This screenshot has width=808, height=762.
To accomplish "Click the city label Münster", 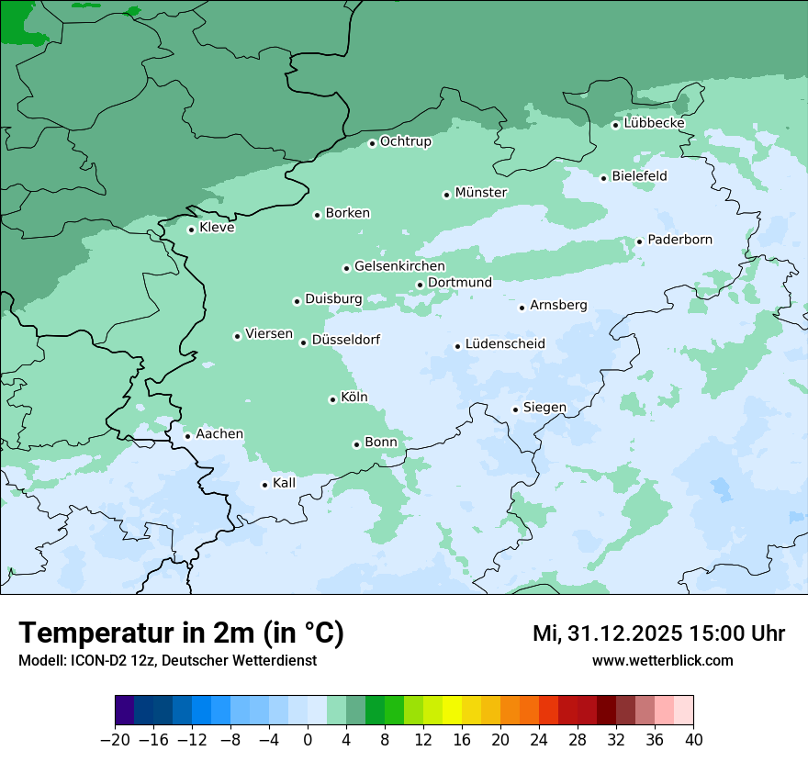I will (480, 193).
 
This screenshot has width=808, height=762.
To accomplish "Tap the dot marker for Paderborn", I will (640, 241).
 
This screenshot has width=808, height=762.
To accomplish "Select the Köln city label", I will (353, 398).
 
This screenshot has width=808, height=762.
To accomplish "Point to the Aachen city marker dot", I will (187, 436).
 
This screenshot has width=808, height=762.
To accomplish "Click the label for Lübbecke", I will (654, 123).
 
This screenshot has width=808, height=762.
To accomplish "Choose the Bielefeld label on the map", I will (639, 176).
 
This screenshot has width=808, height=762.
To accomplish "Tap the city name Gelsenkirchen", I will (399, 267).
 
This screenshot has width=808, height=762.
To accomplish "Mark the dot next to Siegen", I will (516, 409).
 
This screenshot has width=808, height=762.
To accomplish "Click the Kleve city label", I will (217, 228).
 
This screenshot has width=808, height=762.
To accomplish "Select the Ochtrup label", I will (405, 141).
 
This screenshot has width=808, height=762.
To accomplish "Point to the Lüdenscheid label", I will (505, 344).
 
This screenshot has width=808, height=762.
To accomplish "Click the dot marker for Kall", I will (265, 485).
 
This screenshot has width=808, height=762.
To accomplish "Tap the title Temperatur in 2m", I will (181, 633).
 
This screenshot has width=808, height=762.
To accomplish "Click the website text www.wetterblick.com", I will (662, 661).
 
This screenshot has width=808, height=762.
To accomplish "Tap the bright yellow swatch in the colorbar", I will (452, 711).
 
